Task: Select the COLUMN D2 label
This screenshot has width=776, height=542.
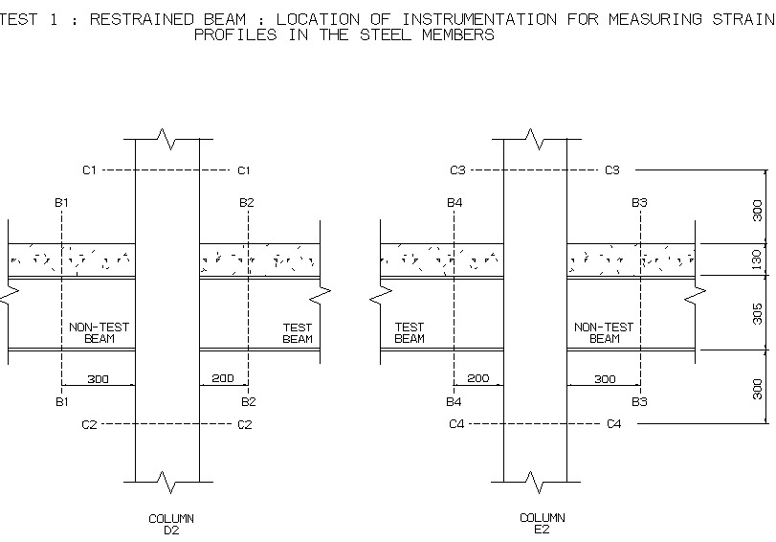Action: coord(171,524)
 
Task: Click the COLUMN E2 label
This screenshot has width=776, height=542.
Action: coord(542,523)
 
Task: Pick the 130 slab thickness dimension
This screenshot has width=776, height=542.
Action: coord(758,260)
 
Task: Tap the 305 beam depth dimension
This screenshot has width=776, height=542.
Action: coord(758,313)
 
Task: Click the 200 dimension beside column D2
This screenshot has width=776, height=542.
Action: coord(222,379)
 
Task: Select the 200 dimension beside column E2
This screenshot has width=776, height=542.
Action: coord(477,379)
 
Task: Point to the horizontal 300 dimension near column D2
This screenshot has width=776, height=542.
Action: coord(98,379)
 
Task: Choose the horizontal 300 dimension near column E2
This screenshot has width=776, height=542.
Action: coord(605,379)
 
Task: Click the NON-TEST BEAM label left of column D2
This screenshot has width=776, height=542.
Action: coord(99,332)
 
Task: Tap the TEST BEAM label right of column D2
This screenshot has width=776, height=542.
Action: coord(298,332)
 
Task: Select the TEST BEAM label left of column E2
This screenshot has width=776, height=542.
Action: coord(410,332)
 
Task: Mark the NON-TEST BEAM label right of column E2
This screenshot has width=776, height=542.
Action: coord(604,332)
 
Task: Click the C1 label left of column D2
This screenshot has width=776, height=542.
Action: coord(89,170)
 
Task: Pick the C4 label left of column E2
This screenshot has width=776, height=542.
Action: coord(457,423)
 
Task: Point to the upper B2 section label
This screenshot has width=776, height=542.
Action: coord(247,203)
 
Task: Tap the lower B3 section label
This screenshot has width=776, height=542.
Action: coord(639,402)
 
